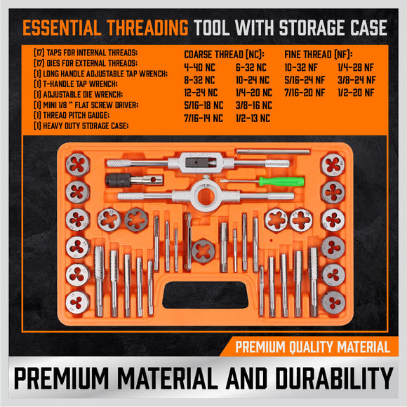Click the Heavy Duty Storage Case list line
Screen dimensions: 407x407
(x=88, y=126)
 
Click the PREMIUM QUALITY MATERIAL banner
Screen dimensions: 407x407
(x=312, y=347)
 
